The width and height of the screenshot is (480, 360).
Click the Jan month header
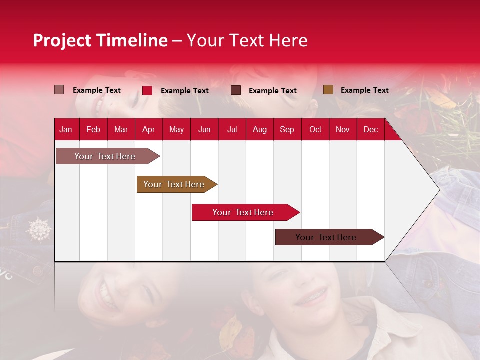click(x=66, y=130)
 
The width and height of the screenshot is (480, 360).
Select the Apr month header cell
click(x=149, y=130)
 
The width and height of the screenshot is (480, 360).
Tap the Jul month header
click(x=232, y=130)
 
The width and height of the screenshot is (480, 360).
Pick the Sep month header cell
click(x=287, y=130)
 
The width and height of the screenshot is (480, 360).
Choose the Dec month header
click(x=370, y=130)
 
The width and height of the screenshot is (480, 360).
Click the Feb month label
click(x=93, y=130)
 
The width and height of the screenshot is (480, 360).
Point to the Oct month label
click(x=315, y=130)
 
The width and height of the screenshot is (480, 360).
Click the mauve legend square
click(x=59, y=90)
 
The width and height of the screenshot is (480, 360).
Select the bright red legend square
click(x=147, y=90)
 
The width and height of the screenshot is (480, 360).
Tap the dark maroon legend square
click(x=236, y=90)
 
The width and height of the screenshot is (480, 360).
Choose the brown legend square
click(x=328, y=90)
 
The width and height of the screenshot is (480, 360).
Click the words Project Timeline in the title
click(x=100, y=40)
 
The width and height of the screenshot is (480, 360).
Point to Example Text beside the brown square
click(x=364, y=90)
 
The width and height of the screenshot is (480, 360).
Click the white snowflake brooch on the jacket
click(x=38, y=229)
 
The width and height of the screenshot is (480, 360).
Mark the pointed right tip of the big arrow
click(x=439, y=190)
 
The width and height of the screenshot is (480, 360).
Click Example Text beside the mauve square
click(x=96, y=90)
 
